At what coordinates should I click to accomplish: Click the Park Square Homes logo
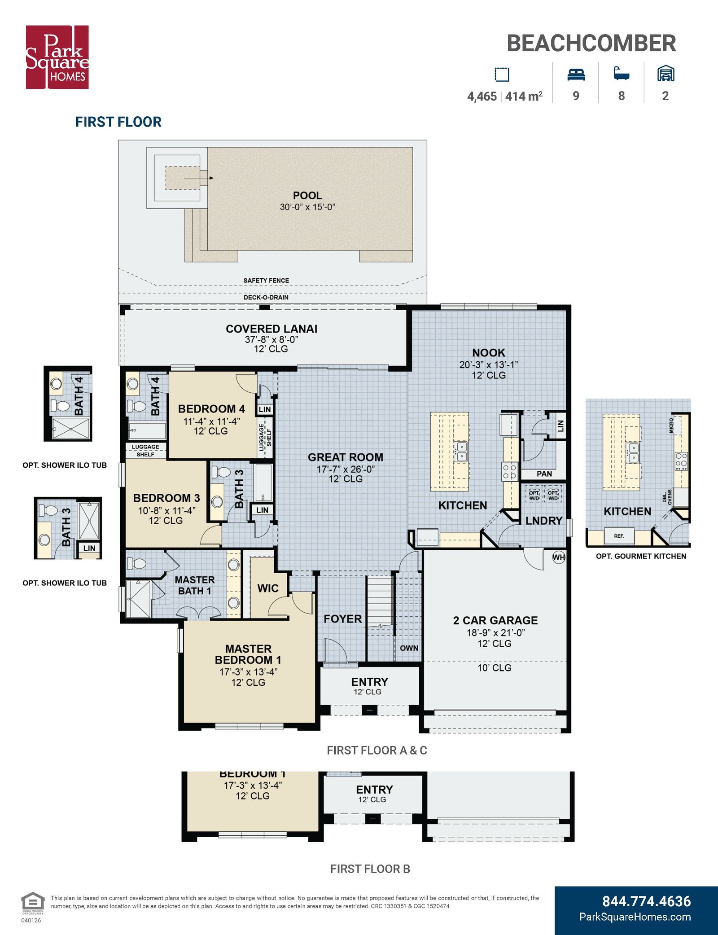tap(57, 57)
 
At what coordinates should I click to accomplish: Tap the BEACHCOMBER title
tap(591, 44)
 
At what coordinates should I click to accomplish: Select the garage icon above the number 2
tap(665, 74)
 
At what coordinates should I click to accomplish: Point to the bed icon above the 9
tap(576, 74)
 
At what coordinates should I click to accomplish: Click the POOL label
tap(307, 196)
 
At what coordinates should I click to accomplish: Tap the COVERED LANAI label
tap(271, 329)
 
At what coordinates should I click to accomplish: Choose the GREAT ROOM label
tap(346, 457)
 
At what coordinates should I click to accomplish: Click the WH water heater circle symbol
tap(559, 557)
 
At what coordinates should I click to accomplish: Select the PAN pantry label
tap(544, 474)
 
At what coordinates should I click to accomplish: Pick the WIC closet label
tap(268, 588)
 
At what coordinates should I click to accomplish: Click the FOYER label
tap(342, 619)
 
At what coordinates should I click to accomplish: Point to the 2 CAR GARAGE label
tap(495, 620)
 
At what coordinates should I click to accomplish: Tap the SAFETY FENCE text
tap(266, 281)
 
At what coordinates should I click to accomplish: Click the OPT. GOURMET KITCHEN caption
tap(641, 556)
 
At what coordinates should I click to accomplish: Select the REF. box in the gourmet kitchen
tap(619, 536)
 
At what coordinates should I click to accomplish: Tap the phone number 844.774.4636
tap(646, 901)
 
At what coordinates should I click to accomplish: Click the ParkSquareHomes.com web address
tap(635, 917)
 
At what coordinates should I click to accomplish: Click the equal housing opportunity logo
tap(33, 904)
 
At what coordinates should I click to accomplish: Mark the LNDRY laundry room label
tap(544, 521)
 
